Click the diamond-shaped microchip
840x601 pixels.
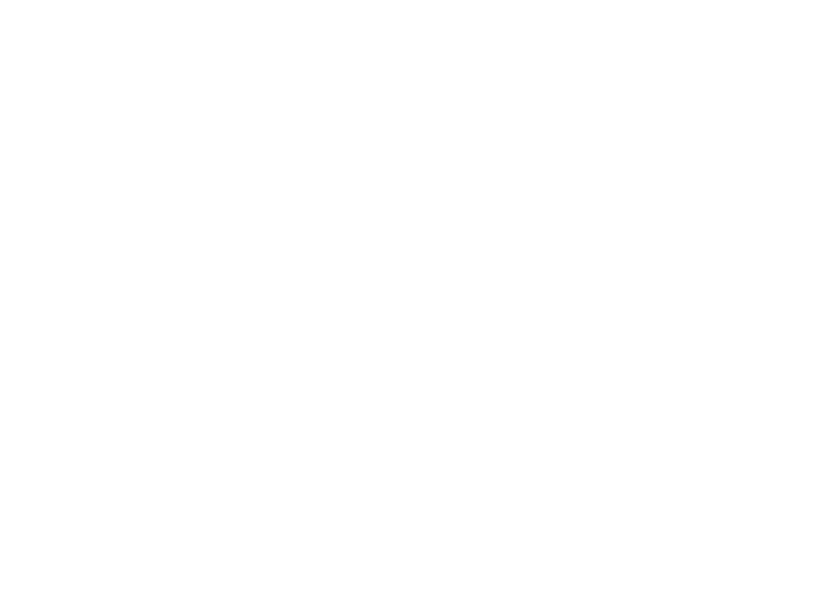136,466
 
